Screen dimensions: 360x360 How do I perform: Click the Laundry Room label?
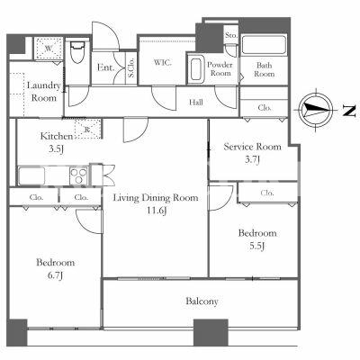point(44,92)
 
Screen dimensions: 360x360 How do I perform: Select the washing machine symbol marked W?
point(49,48)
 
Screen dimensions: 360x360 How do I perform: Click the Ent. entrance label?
point(106,67)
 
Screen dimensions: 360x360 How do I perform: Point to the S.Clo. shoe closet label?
point(131,67)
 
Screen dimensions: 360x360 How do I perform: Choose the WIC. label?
point(163,63)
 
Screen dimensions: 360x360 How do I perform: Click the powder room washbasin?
point(196,69)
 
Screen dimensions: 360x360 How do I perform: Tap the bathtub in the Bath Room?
point(264,45)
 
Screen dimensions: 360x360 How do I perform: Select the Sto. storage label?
point(231,35)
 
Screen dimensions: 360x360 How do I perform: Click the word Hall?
point(196,103)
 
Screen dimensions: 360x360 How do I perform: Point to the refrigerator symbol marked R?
point(87,129)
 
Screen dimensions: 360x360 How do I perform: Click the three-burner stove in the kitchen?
point(79,175)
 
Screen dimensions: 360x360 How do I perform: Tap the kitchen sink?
point(31,175)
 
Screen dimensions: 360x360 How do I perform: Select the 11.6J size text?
point(156,211)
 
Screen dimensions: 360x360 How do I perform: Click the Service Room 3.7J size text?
point(252,159)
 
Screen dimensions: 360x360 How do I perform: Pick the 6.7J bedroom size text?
point(56,275)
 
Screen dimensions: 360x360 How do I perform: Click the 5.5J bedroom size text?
point(257,246)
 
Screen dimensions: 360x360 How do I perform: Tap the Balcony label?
point(202,301)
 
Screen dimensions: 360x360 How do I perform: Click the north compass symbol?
point(316,110)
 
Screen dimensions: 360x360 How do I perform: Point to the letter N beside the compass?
point(349,112)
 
